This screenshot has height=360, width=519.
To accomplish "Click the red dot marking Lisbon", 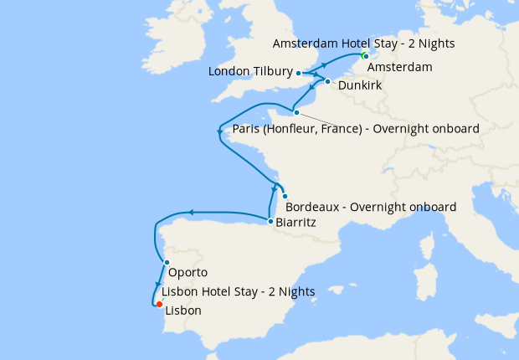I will [x=159, y=304].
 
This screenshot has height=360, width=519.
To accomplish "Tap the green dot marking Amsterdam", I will [x=364, y=56].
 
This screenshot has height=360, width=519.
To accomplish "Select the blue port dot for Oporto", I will [x=167, y=263].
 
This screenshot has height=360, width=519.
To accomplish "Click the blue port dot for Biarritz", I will [x=269, y=222].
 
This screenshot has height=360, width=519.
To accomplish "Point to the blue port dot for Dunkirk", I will [x=328, y=82].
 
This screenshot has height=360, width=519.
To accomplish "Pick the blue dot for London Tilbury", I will [x=299, y=74].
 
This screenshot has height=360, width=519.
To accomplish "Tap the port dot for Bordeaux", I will [x=285, y=196].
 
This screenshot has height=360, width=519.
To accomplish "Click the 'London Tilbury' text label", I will [x=249, y=74].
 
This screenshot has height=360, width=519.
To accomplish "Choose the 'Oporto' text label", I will [x=188, y=273].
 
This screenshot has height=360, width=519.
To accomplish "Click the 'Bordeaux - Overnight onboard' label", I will [x=370, y=207].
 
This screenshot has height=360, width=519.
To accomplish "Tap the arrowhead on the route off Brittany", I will [x=219, y=131].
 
